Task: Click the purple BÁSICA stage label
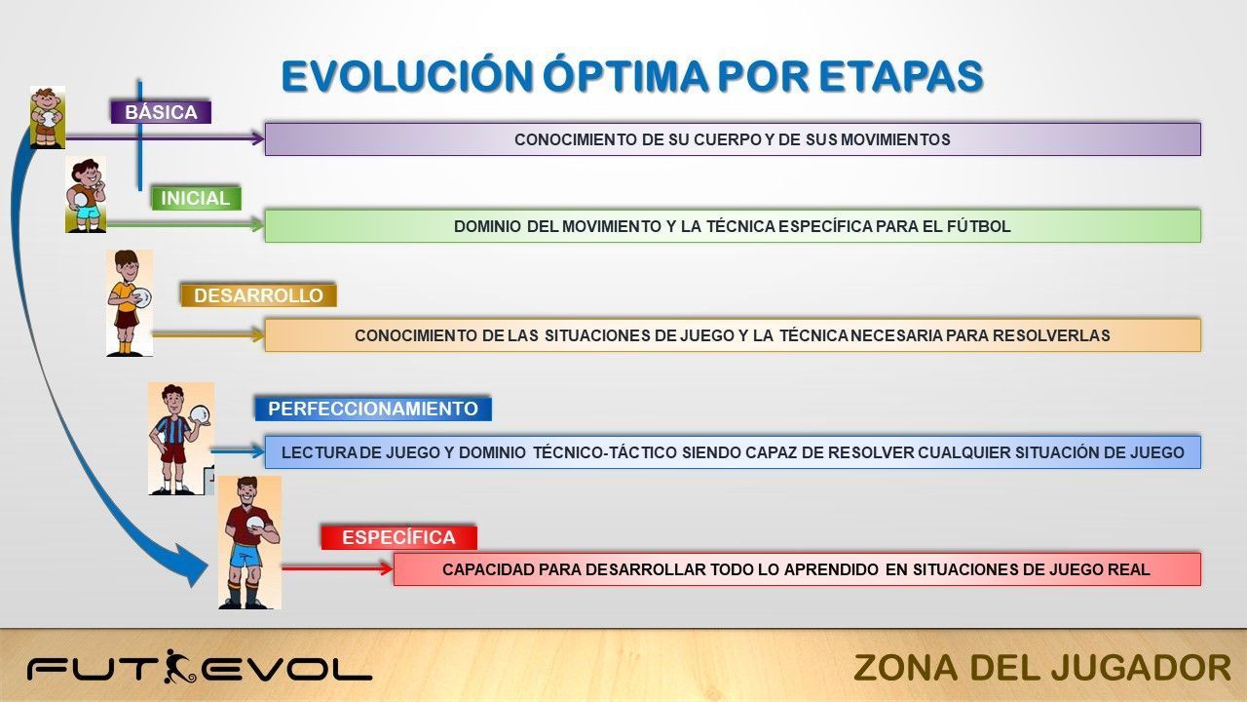[x=161, y=112]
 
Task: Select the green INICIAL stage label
[x=196, y=198]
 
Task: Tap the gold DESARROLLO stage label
[x=258, y=295]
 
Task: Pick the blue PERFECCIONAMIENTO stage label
[x=373, y=409]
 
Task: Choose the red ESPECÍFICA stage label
[x=398, y=537]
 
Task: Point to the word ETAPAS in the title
[x=901, y=76]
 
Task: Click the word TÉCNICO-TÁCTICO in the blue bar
[x=605, y=452]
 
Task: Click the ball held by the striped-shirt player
[x=200, y=414]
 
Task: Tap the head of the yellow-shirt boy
[x=127, y=266]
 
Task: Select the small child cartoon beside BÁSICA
[x=48, y=118]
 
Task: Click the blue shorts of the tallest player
[x=246, y=556]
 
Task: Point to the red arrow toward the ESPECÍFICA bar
[x=337, y=568]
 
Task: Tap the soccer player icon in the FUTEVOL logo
[x=178, y=666]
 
